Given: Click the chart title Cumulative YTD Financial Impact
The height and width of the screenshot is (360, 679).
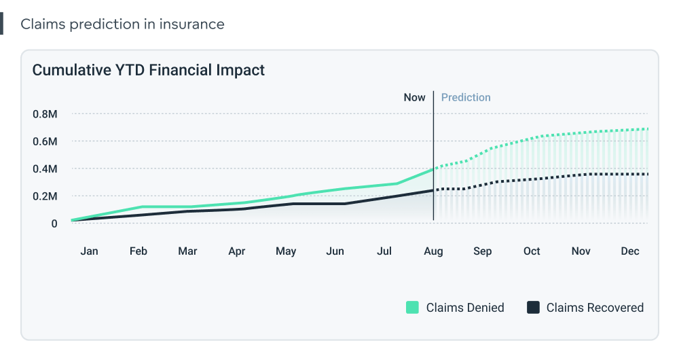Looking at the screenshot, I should (x=149, y=70).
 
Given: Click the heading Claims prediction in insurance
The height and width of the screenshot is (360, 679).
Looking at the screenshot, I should (x=122, y=24).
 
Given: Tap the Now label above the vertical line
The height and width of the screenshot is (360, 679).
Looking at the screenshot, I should (x=414, y=97).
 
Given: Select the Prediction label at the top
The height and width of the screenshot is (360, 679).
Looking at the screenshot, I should (x=466, y=97).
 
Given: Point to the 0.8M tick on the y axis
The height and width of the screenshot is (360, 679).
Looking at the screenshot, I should (x=45, y=114).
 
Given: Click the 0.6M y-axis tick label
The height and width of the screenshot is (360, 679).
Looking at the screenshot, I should (x=45, y=141).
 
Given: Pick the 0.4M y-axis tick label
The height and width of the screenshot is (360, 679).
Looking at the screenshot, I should (x=45, y=168).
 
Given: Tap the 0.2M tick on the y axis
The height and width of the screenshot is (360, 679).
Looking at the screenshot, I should (x=45, y=196).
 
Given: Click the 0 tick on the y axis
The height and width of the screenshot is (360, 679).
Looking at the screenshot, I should (x=54, y=223).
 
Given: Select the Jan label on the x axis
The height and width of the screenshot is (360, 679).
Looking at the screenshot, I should (x=89, y=251).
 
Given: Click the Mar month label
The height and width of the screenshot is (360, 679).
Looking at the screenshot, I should (x=187, y=251).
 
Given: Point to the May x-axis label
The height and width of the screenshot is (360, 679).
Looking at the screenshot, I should (x=286, y=251).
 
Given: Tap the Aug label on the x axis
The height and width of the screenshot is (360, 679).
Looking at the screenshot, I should (x=433, y=251).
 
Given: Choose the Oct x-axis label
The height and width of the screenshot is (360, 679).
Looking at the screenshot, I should (x=532, y=251).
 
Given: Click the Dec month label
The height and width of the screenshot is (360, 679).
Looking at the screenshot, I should (x=630, y=251).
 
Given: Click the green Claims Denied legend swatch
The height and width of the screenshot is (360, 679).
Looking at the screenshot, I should (x=412, y=308).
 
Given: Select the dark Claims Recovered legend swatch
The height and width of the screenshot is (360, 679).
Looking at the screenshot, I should (x=533, y=308).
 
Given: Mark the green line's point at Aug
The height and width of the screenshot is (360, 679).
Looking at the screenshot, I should (x=433, y=168).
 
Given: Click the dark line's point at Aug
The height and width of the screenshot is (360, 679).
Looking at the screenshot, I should (x=433, y=190).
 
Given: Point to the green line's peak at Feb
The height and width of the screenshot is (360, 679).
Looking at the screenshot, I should (x=141, y=206).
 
